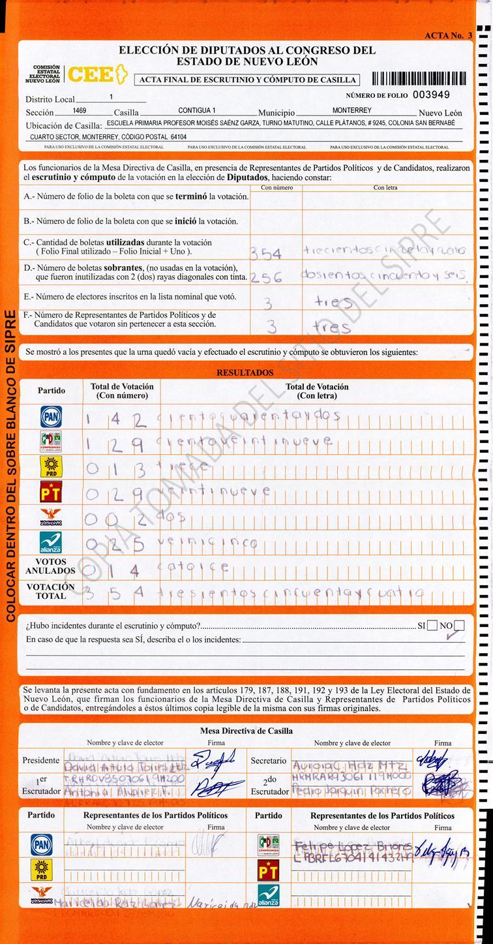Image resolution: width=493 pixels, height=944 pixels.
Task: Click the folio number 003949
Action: click(440, 94)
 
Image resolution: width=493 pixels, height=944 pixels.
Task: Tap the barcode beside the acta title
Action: click(419, 79)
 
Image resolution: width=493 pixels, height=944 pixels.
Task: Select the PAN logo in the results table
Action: click(51, 416)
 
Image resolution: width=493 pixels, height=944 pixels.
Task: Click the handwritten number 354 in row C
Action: click(267, 253)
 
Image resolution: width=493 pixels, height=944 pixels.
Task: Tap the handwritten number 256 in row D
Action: click(267, 277)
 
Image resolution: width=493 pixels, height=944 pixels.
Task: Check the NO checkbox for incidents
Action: click(459, 626)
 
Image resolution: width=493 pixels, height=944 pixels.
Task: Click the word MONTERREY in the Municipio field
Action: click(351, 111)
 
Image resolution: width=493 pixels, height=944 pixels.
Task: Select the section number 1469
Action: click(80, 111)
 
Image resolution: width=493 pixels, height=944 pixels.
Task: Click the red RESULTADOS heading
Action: click(245, 373)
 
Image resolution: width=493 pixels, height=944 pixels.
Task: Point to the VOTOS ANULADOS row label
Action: click(51, 566)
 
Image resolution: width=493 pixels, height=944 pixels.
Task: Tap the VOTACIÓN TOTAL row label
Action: click(51, 591)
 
